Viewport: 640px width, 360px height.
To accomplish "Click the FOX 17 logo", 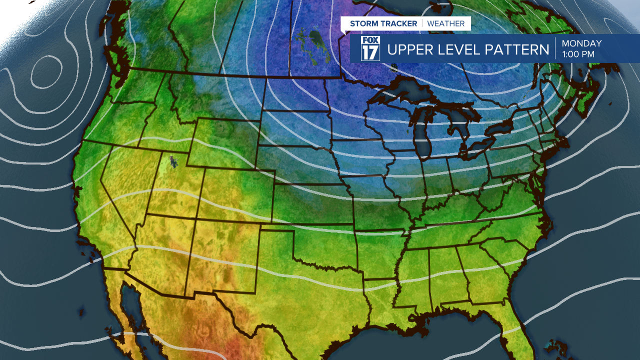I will (370, 48).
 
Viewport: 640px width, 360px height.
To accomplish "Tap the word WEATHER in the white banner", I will (445, 23).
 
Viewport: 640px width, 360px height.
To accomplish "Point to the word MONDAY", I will (581, 43).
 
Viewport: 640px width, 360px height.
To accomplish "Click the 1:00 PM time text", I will (578, 54).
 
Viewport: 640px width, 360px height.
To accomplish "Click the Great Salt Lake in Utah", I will (173, 161).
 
